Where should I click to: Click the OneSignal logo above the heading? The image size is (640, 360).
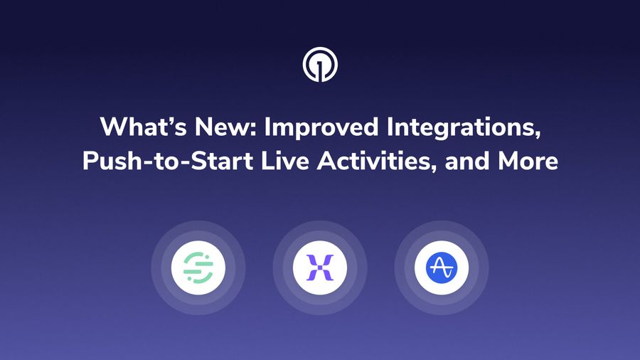click(320, 65)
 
